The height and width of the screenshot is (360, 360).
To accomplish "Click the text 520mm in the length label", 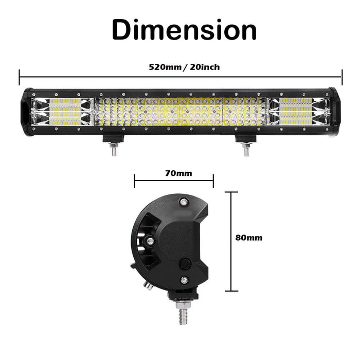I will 165,67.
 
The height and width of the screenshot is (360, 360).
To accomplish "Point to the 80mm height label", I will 248,238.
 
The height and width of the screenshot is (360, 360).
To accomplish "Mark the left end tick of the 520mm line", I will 20,77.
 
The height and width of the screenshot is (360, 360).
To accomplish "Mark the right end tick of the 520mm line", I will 341,77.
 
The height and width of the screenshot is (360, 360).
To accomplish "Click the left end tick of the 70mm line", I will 135,181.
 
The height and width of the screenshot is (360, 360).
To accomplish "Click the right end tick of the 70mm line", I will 213,181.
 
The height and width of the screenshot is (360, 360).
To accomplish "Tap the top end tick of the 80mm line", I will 231,192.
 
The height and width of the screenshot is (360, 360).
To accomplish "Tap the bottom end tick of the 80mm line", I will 231,291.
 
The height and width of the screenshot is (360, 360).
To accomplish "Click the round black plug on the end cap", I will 184,264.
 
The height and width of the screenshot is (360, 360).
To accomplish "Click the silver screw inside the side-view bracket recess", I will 150,241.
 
